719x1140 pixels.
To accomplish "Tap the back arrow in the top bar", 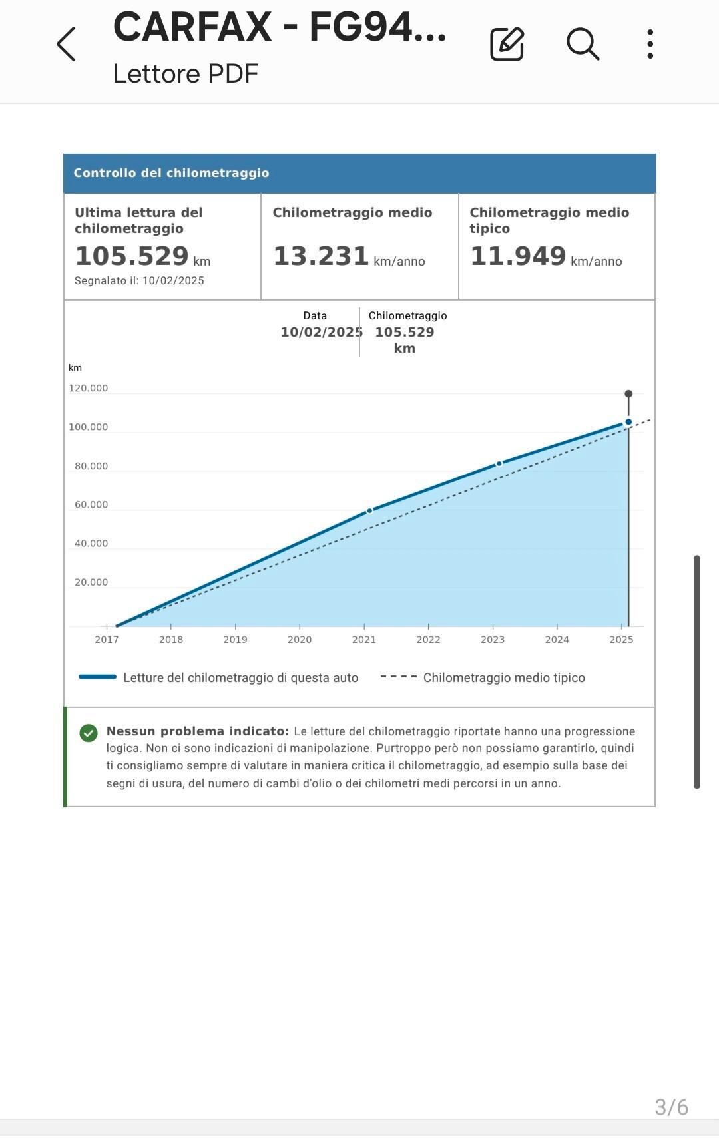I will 67,45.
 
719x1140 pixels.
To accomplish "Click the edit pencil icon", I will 507,45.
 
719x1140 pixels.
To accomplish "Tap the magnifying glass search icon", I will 583,45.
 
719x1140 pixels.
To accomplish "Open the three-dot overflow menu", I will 650,45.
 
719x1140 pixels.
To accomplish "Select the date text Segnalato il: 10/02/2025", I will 139,281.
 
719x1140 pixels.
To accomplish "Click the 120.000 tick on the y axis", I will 88,389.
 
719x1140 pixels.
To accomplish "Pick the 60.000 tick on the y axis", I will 91,505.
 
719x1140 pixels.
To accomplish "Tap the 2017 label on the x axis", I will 107,640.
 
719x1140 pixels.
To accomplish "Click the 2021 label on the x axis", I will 364,640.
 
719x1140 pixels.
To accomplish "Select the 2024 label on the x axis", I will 557,640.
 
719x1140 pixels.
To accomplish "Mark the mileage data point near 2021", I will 370,511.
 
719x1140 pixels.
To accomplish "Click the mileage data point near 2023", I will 499,464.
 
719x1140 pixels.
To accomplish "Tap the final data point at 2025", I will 628,422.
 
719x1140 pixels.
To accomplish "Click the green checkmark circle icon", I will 89,733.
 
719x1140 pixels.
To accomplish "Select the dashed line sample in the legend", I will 399,677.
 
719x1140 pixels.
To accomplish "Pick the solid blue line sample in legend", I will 98,677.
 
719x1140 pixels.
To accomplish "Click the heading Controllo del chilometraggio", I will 171,173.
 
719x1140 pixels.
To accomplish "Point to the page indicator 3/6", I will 671,1107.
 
